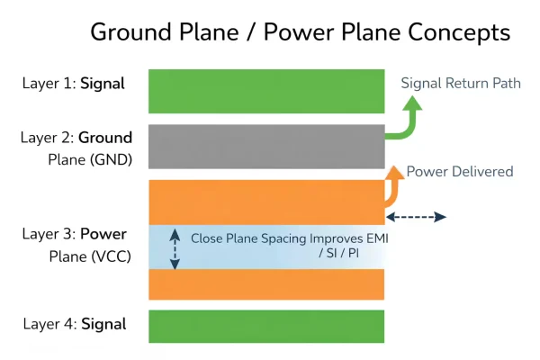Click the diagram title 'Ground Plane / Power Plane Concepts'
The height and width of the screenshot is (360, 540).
coord(300,32)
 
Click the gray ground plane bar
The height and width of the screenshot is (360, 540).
coord(266,146)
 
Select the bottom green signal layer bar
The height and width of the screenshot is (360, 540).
coord(266,327)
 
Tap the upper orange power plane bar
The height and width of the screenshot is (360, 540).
coord(266,202)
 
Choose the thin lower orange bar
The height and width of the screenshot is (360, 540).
coord(266,284)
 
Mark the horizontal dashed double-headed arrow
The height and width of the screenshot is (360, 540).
coord(416,217)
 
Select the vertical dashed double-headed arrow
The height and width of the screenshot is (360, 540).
coord(175,247)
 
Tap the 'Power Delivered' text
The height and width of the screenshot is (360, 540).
coord(460,171)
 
